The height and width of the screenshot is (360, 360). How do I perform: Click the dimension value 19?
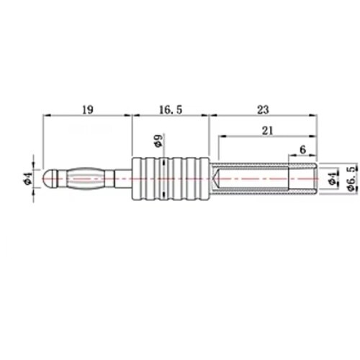point(88,109)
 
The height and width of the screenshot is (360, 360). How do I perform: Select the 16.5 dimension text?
point(171,109)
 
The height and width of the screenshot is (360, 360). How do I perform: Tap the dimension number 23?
point(263,109)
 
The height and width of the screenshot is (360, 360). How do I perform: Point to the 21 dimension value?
point(268,130)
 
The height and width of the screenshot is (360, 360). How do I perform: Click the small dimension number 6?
point(303,150)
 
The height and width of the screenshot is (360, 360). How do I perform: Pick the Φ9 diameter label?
point(158,140)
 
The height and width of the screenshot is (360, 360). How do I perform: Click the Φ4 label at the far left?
point(28,179)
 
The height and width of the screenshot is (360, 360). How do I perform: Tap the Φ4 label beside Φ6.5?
point(333,178)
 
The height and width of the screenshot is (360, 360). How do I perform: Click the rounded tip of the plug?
point(47,179)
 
